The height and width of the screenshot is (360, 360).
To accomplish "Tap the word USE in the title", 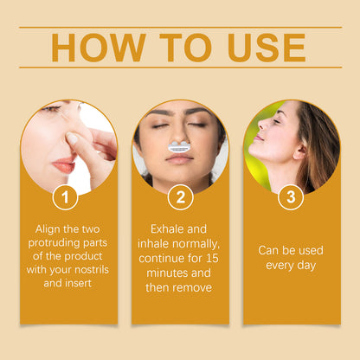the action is coord(267,48).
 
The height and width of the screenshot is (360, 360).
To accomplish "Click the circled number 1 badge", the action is coord(65,197).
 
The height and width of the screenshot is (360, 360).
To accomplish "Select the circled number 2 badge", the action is coord(181,197).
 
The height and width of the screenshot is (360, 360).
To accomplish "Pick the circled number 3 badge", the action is coord(291,197).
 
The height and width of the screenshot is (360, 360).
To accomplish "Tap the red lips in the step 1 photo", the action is coord(64,165).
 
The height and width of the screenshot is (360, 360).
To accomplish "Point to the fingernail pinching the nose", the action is coord(72,138).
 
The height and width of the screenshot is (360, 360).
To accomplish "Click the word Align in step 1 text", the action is coord(48,229).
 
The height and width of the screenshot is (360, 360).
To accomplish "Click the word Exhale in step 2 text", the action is coord(166,229).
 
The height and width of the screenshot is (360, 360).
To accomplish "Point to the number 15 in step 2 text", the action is coord(212,258).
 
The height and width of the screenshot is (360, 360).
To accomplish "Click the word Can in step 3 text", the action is coord(268,250).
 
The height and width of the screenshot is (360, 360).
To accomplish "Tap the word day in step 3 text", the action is coord(306,266).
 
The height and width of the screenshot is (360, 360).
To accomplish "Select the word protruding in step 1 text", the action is coord(54,243).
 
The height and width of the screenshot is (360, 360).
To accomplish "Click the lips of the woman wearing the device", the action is coord(179,158).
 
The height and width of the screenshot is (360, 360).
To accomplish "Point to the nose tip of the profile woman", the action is coord(260,126).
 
